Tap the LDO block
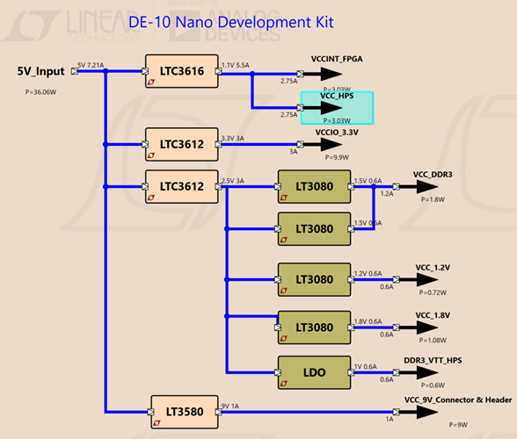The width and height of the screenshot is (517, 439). point(314,372)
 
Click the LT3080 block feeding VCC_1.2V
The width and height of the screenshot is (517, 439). point(314,278)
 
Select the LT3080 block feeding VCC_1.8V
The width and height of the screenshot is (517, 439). point(314,327)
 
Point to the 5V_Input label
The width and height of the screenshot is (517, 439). point(40,71)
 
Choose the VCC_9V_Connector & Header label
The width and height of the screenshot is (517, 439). point(458,399)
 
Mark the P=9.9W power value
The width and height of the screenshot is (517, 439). point(336,157)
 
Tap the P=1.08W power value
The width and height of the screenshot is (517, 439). point(433,340)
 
